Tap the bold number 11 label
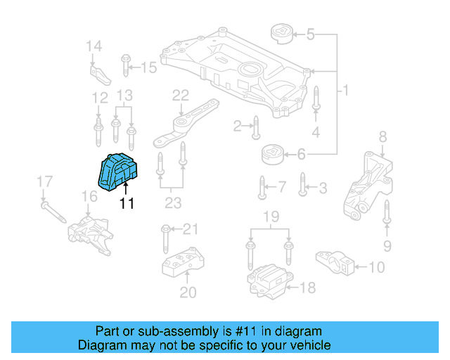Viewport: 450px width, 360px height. (127, 205)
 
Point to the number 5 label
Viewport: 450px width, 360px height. (311, 33)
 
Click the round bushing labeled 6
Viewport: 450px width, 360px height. (271, 155)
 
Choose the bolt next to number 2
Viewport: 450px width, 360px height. (256, 127)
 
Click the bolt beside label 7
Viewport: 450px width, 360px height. (262, 188)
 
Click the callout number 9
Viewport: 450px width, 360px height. (387, 246)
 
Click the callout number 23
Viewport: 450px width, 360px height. (172, 203)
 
